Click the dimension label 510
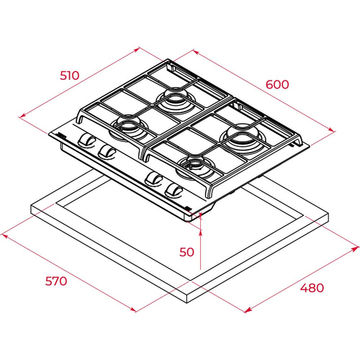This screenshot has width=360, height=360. (69, 76)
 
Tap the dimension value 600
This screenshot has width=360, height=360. (277, 84)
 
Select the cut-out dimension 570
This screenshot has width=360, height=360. (56, 281)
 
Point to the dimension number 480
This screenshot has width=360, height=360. (312, 287)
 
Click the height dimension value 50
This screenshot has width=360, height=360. (186, 252)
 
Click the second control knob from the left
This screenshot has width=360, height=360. (107, 152)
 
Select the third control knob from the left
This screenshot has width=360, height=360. (153, 179)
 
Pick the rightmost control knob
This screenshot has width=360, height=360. (174, 192)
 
